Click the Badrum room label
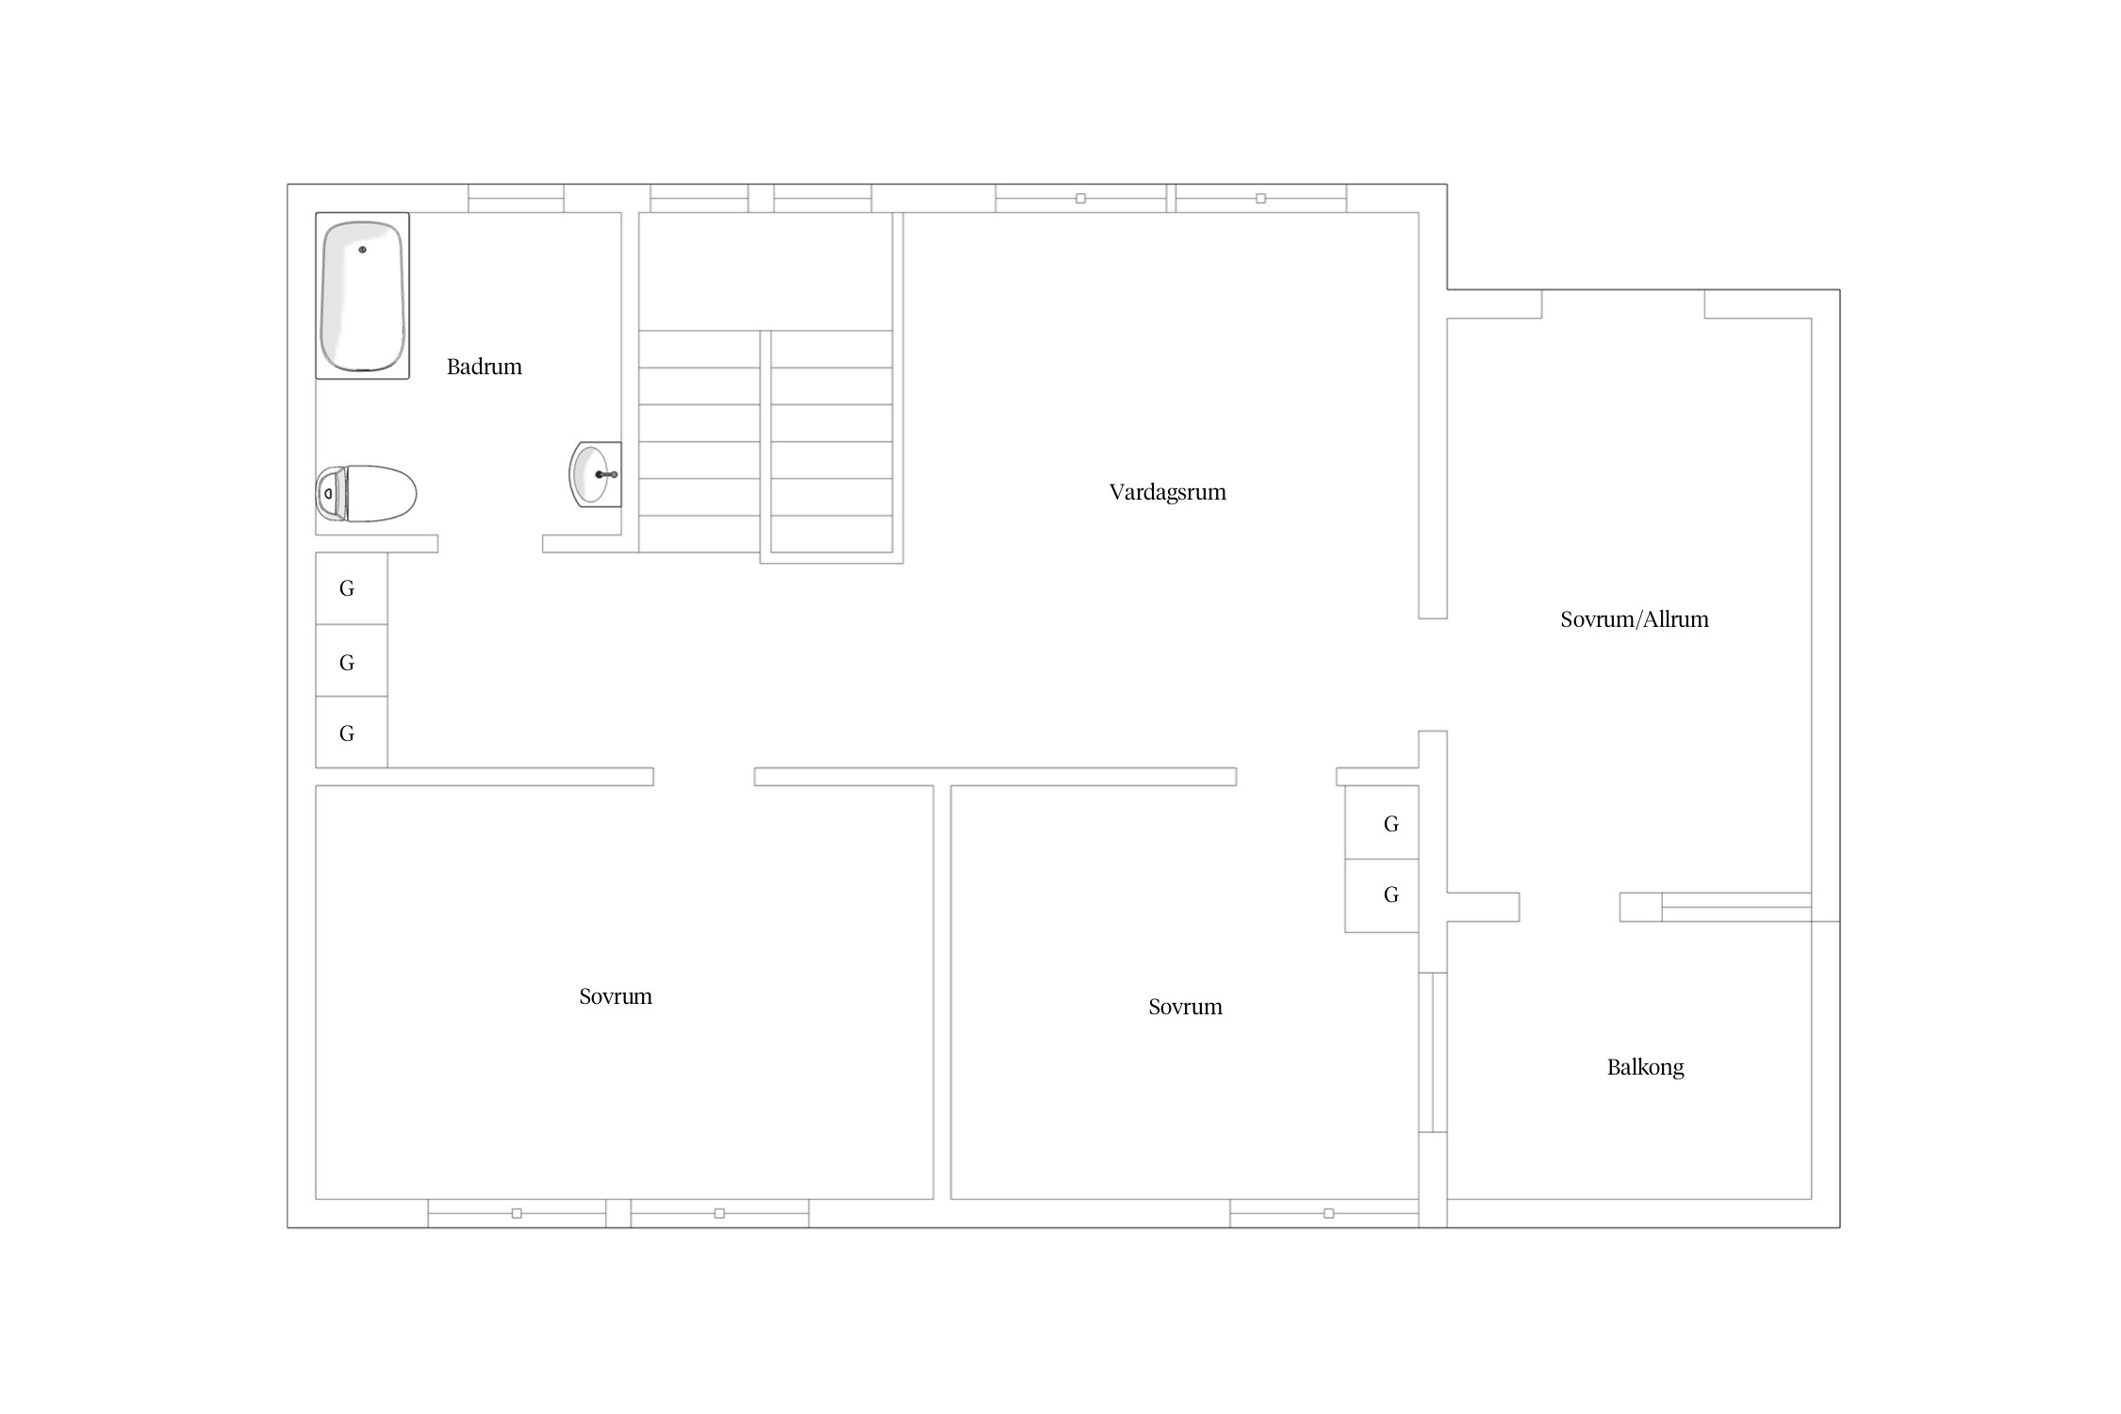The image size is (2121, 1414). pyautogui.click(x=484, y=367)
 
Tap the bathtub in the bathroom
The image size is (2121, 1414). pyautogui.click(x=362, y=296)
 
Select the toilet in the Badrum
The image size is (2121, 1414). pyautogui.click(x=366, y=493)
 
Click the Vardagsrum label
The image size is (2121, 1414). pyautogui.click(x=1167, y=492)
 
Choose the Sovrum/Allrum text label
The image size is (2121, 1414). pyautogui.click(x=1634, y=619)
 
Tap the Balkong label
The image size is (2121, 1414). pyautogui.click(x=1645, y=1067)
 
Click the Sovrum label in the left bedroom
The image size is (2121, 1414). pyautogui.click(x=615, y=996)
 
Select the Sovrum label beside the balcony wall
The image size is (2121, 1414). pyautogui.click(x=1185, y=1007)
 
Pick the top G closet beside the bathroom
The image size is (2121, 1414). pyautogui.click(x=351, y=588)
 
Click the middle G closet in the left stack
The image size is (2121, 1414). pyautogui.click(x=351, y=661)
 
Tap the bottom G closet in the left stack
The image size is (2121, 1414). pyautogui.click(x=351, y=732)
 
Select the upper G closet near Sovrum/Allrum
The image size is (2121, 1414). pyautogui.click(x=1382, y=822)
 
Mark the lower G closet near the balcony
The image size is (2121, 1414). pyautogui.click(x=1382, y=896)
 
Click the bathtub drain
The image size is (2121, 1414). pyautogui.click(x=362, y=250)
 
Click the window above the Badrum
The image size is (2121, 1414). pyautogui.click(x=516, y=198)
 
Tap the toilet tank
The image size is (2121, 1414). pyautogui.click(x=329, y=493)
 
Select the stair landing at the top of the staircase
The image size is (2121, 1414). pyautogui.click(x=765, y=271)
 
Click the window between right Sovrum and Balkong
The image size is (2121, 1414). pyautogui.click(x=1433, y=1052)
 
